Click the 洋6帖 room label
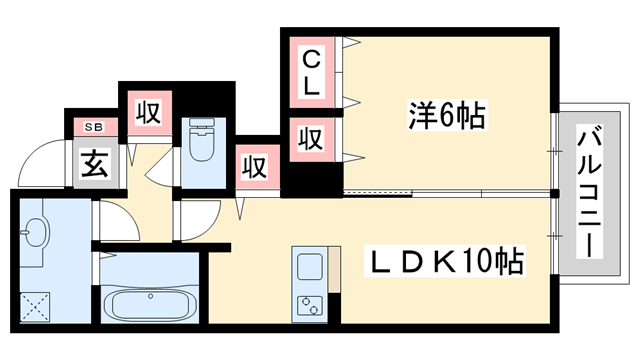(447, 116)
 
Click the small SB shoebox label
(94, 126)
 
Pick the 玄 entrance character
(94, 164)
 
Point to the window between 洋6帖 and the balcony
(553, 149)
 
